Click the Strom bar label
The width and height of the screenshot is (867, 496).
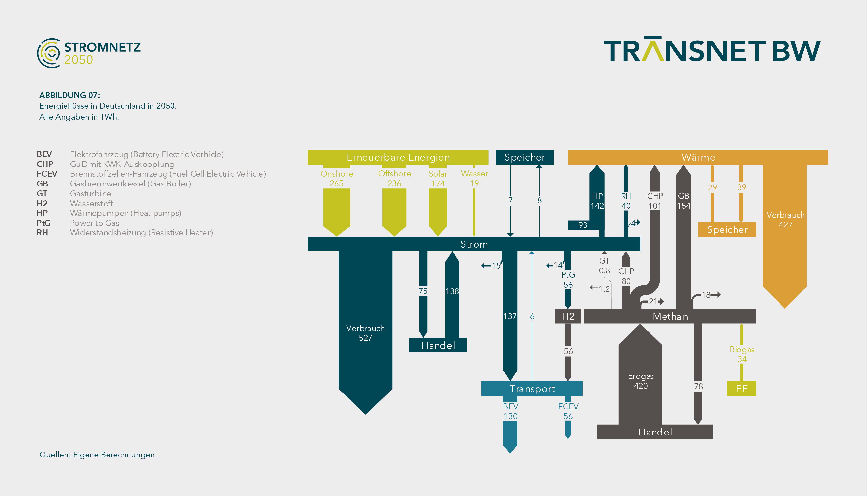coord(474,244)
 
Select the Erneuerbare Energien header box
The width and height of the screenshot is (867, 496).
coord(398,157)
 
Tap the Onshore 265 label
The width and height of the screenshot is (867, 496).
coord(337,179)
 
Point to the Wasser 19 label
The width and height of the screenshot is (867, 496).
coord(474,179)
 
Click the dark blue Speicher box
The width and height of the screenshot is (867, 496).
coord(524,157)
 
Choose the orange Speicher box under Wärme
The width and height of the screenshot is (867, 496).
coord(727,230)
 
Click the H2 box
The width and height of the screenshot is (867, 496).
coord(568,316)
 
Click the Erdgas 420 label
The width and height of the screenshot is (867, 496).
coord(641,381)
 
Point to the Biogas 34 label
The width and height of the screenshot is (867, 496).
coord(742,354)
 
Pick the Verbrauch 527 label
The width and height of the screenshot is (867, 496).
coord(365,333)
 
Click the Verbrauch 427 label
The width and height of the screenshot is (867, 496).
coord(785,220)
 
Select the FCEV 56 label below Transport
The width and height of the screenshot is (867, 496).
coord(568,411)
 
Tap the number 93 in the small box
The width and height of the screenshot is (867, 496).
coord(583,225)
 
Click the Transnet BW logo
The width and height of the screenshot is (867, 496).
coord(712,49)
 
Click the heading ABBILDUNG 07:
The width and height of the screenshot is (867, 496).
coord(69,95)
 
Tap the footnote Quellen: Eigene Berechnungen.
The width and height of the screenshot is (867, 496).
coord(98,455)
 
